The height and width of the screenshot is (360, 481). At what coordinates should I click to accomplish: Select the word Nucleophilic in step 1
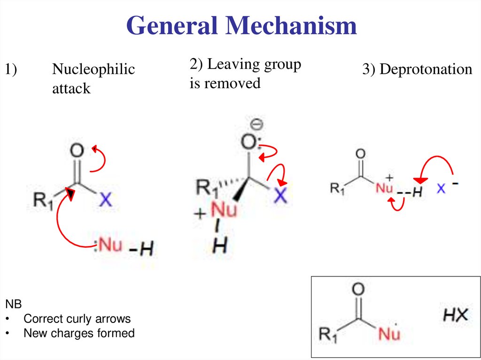coord(93,69)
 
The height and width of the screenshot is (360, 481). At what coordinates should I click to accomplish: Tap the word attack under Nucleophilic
coord(71,88)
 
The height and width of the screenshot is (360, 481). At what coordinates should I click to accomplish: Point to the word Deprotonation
coord(426,69)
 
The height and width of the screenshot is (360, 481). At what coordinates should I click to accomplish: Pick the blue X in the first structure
coord(106,200)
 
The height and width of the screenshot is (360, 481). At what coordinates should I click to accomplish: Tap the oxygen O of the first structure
coord(77,151)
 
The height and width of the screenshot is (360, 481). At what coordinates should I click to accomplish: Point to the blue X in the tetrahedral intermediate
coord(280,195)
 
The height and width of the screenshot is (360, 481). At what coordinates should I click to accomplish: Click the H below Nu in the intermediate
coord(217,245)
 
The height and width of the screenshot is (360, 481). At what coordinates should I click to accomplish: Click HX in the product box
coord(456,314)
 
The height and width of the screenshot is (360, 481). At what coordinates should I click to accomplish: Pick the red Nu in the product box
coord(389,334)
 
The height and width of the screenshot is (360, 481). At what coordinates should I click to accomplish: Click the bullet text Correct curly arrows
coord(77,319)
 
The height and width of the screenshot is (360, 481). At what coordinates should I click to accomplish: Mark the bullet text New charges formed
coord(79,333)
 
